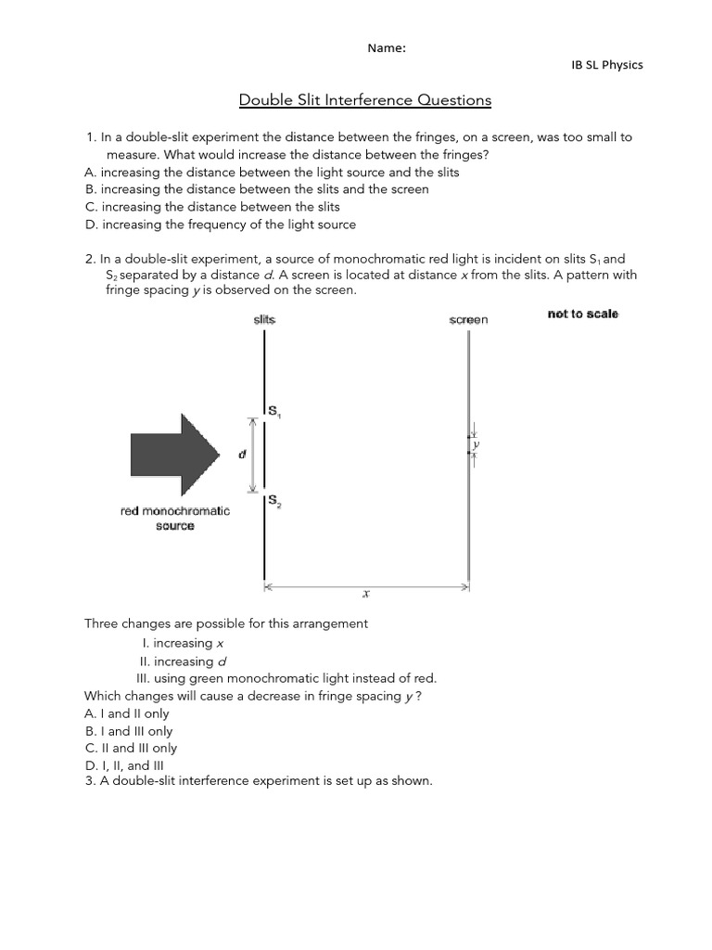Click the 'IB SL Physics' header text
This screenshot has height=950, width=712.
pyautogui.click(x=606, y=65)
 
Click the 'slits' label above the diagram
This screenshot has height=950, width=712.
pyautogui.click(x=264, y=319)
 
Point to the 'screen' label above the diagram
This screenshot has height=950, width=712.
pyautogui.click(x=468, y=320)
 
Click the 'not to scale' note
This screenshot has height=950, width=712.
pyautogui.click(x=582, y=315)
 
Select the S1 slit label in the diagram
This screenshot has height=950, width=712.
pyautogui.click(x=275, y=411)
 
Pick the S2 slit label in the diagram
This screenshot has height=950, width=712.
pyautogui.click(x=275, y=501)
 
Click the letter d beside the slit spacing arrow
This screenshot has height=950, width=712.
pyautogui.click(x=242, y=455)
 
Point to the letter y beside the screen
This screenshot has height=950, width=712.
pyautogui.click(x=477, y=445)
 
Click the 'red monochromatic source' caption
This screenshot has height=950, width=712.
pyautogui.click(x=175, y=518)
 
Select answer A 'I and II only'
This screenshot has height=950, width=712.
pyautogui.click(x=127, y=713)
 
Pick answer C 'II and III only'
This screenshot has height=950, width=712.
pyautogui.click(x=131, y=748)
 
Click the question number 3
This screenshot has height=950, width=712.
pyautogui.click(x=89, y=780)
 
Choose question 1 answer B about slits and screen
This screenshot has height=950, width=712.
pyautogui.click(x=256, y=189)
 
